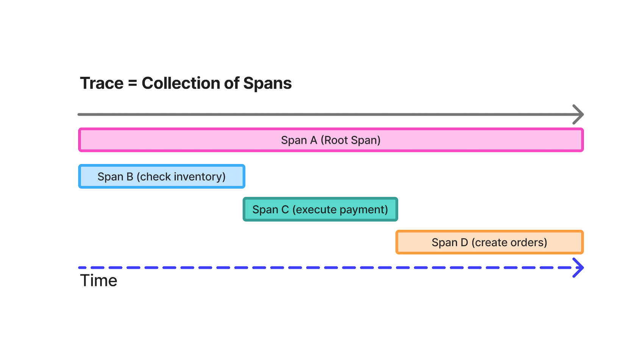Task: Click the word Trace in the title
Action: pyautogui.click(x=102, y=83)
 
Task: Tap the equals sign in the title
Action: pyautogui.click(x=132, y=83)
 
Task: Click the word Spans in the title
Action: pyautogui.click(x=267, y=83)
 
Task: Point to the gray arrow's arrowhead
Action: pyautogui.click(x=578, y=114)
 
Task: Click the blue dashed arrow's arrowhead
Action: pyautogui.click(x=578, y=268)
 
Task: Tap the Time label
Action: pyautogui.click(x=98, y=281)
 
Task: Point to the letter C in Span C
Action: pyautogui.click(x=285, y=210)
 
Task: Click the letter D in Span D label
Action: pyautogui.click(x=464, y=243)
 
